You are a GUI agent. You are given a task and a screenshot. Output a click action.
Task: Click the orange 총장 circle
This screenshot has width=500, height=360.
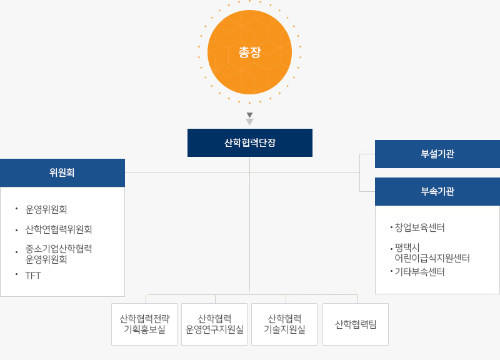(x=249, y=52)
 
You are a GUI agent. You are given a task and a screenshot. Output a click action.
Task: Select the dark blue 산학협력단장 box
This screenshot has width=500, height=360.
(x=249, y=142)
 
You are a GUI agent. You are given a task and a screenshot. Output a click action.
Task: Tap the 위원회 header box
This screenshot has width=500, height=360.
(x=62, y=172)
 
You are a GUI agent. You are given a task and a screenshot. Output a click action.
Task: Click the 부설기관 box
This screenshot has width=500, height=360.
(x=437, y=154)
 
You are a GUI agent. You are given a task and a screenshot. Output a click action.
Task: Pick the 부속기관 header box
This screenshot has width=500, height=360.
(x=437, y=191)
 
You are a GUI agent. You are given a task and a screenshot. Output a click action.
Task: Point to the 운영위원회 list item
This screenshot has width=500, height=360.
(x=46, y=209)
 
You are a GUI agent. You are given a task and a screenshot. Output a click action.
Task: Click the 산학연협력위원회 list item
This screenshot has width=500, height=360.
(x=59, y=229)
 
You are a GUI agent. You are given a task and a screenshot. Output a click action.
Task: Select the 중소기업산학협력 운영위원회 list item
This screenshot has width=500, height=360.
(x=59, y=254)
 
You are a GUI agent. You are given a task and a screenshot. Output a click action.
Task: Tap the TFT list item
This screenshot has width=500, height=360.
(x=33, y=276)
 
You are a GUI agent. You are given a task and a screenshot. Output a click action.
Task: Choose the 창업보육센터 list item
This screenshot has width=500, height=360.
(x=419, y=227)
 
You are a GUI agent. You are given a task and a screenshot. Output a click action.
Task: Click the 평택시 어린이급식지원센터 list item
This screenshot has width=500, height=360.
(x=432, y=252)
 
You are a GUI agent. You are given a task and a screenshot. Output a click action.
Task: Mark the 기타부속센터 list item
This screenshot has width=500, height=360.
(x=419, y=272)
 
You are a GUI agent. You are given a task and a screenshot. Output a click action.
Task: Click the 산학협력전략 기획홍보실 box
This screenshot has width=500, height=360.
(x=144, y=324)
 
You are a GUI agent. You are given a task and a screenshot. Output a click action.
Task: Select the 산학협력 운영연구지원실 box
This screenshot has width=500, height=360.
(x=214, y=324)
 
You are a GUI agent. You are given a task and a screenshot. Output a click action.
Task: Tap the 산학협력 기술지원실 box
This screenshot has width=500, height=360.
(x=284, y=324)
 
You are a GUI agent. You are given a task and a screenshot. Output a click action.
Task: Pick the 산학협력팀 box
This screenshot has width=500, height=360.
(x=356, y=324)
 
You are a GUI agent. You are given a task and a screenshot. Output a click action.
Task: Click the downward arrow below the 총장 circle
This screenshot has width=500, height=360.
(x=249, y=119)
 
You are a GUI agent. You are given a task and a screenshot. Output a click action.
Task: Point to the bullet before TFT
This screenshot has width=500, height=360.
(x=17, y=274)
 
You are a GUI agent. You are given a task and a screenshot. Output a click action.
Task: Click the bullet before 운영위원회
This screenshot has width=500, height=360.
(x=17, y=209)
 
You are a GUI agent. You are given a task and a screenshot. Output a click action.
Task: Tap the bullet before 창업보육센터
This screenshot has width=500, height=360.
(x=391, y=227)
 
